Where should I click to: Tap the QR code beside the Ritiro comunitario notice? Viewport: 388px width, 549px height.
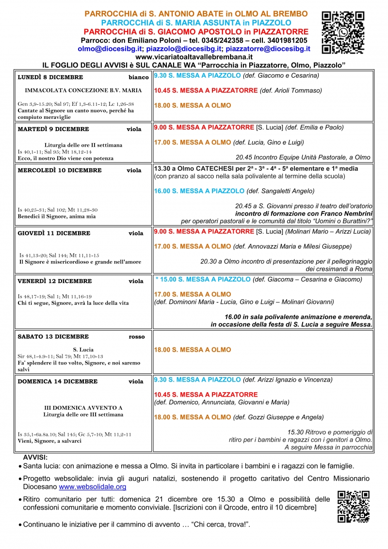point(353,506)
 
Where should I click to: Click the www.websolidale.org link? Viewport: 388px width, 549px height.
point(93,486)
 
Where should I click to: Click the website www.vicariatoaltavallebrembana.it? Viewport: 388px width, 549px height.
point(194,57)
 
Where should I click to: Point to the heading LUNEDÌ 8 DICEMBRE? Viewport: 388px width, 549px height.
point(50,77)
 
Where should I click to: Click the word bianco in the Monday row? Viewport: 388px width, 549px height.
point(139,77)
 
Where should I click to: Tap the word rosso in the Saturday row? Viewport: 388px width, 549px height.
point(137,336)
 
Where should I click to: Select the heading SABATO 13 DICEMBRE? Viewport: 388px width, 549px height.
point(53,336)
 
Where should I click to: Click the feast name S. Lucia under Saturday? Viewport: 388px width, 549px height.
point(83,349)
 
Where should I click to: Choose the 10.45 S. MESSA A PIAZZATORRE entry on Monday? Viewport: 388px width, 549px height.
point(206,91)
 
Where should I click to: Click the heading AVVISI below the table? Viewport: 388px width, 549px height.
point(35,457)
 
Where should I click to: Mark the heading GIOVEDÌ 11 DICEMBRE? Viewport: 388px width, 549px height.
point(54,233)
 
